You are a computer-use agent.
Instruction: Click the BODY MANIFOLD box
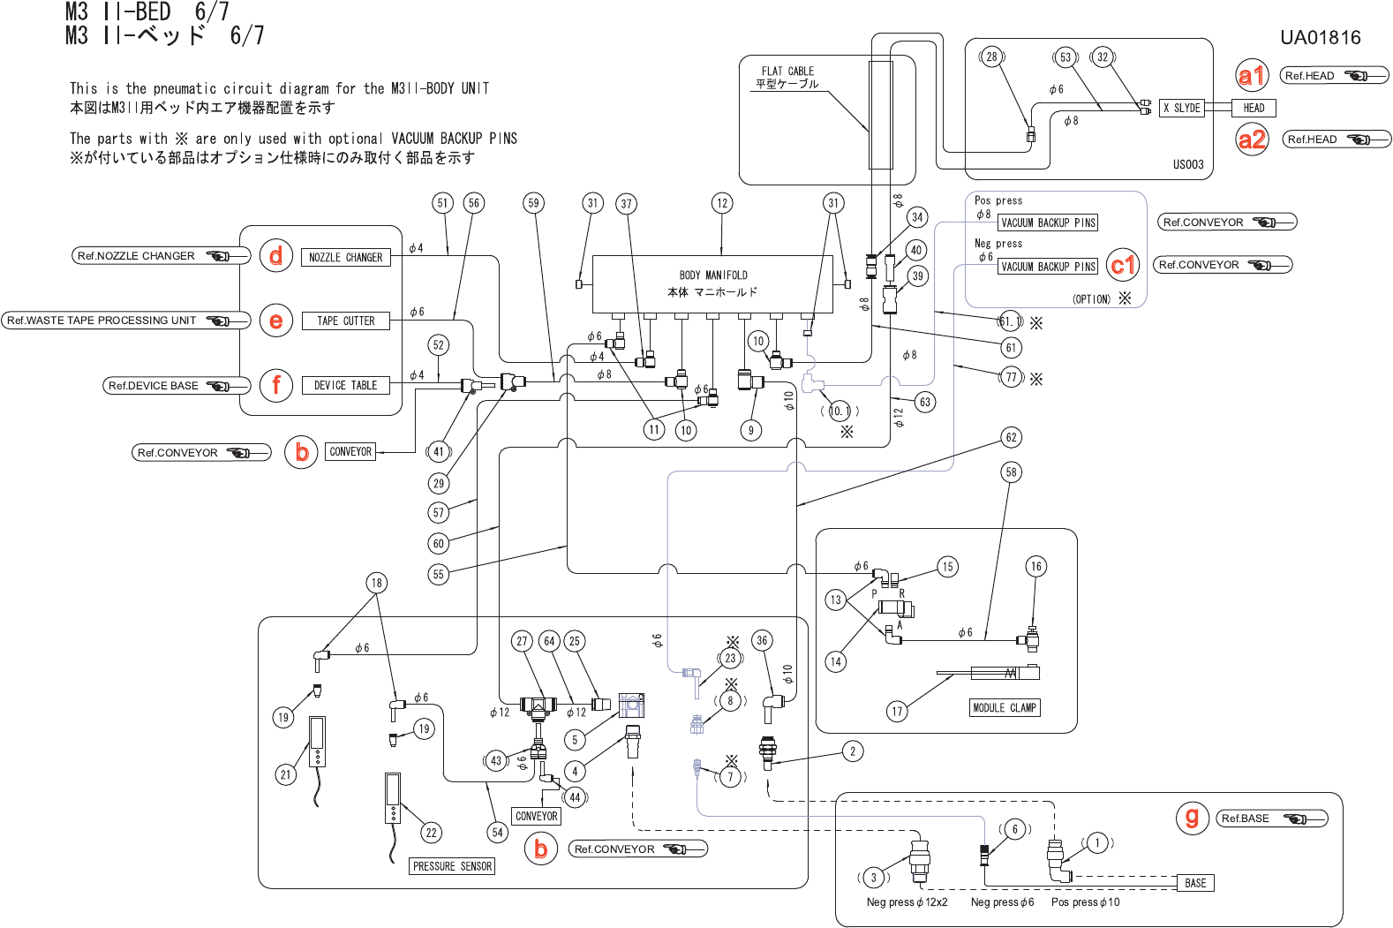tap(712, 283)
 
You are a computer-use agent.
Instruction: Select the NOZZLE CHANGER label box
tap(345, 257)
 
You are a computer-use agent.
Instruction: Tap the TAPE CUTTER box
tap(345, 321)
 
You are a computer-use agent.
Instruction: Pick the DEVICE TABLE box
tap(345, 385)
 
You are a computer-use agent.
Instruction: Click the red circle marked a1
tap(1252, 76)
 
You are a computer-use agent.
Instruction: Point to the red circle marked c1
tap(1122, 265)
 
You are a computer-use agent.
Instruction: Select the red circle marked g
tap(1192, 818)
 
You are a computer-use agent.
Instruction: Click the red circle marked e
tap(276, 321)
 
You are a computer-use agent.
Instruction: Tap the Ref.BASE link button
tap(1272, 819)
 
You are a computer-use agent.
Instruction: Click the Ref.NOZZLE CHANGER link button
tap(161, 256)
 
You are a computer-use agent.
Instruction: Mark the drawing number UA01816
tap(1320, 37)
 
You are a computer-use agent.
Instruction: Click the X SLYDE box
tap(1181, 108)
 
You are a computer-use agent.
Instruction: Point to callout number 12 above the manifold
tap(722, 203)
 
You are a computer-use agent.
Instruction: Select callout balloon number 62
tap(1011, 437)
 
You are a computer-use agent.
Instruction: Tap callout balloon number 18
tap(377, 583)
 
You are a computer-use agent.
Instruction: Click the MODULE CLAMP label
tap(1005, 707)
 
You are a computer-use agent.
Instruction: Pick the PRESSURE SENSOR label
tap(452, 866)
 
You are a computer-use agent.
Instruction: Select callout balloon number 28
tap(992, 57)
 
